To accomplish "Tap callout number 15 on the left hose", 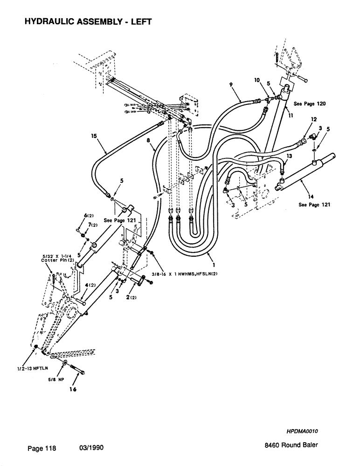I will point(95,137).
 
